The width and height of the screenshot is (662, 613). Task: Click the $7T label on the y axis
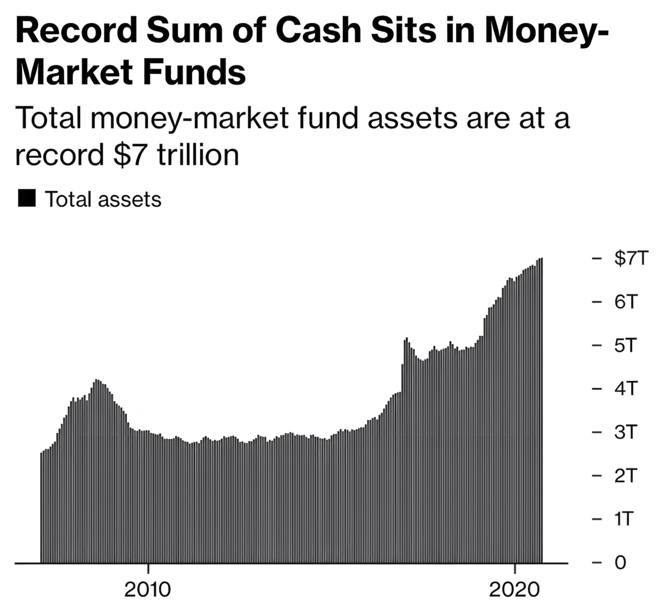[x=631, y=258]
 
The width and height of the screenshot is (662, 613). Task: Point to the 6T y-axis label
[x=625, y=302]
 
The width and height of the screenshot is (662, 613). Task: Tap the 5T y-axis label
[x=625, y=345]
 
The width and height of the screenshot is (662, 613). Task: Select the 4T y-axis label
[x=625, y=388]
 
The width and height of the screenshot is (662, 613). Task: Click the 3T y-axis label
[x=625, y=432]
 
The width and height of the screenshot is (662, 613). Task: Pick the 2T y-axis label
[x=625, y=476]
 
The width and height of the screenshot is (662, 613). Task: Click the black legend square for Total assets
[x=27, y=198]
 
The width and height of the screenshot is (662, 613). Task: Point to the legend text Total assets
[x=103, y=200]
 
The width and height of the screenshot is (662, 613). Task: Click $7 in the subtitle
[x=130, y=155]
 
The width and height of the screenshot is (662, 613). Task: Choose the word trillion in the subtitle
[x=198, y=155]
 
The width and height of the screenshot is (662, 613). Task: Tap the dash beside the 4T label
[x=597, y=389]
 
